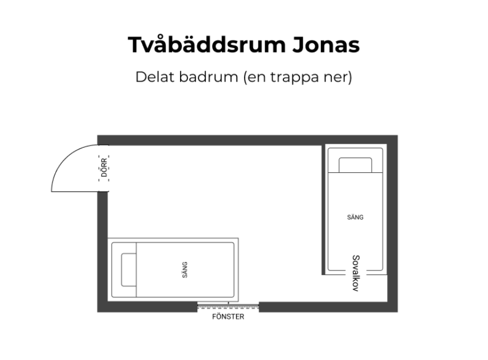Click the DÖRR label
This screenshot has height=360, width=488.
(x=104, y=168)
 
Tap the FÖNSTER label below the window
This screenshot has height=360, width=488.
(x=228, y=317)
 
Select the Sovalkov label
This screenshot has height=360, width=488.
(x=355, y=273)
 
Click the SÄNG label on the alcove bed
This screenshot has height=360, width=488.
(x=355, y=217)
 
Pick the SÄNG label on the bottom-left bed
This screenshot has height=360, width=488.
(x=185, y=269)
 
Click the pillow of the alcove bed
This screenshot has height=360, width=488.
(x=355, y=165)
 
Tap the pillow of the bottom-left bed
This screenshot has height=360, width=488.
(x=128, y=269)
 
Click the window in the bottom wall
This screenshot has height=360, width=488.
(x=228, y=307)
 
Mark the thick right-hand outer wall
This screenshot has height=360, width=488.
(x=392, y=228)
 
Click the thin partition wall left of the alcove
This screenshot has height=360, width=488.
(x=323, y=211)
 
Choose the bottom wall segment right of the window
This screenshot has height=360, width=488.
(x=325, y=307)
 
